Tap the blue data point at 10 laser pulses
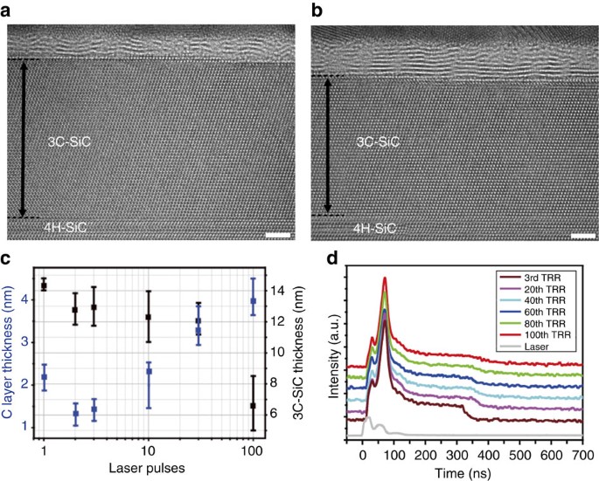pos(149,372)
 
